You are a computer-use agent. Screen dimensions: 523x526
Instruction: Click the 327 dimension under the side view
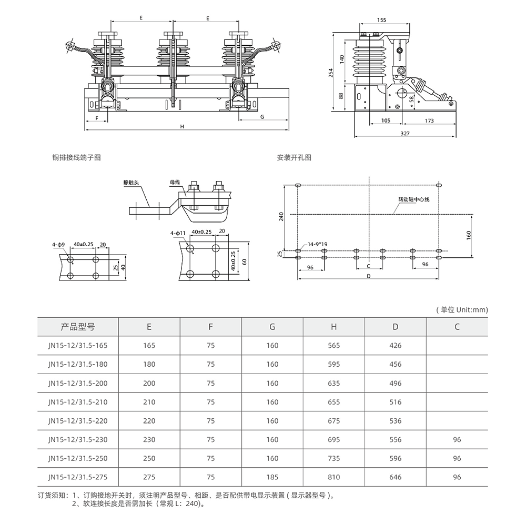404,133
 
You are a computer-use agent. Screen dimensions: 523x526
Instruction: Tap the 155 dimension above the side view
382,20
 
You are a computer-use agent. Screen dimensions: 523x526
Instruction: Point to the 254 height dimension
331,72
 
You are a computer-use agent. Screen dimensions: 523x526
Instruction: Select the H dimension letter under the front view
182,127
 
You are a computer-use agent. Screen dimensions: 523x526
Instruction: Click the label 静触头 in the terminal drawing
131,183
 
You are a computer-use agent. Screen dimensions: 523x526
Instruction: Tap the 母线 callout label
175,182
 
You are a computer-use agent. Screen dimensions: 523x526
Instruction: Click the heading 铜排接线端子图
76,157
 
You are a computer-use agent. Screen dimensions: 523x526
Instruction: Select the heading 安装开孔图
294,157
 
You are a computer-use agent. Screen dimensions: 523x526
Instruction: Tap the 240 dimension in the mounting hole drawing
281,216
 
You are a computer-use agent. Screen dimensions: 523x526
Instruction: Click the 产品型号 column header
78,327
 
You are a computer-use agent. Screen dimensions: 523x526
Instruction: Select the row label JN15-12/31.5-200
77,383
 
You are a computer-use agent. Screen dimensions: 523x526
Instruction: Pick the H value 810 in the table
333,477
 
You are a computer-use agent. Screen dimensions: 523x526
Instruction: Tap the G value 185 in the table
272,477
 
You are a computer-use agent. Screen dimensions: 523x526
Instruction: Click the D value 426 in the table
396,346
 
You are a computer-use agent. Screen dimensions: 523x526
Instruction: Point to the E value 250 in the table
149,458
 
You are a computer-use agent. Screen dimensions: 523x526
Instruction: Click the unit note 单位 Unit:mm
462,310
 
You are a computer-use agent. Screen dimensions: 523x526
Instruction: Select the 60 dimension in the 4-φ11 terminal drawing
244,261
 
